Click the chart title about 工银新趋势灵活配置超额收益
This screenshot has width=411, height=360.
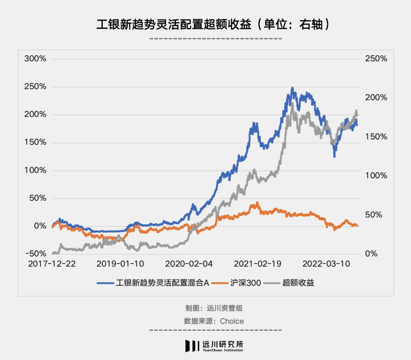[x=212, y=24]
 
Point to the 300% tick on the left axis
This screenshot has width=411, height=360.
[x=35, y=59]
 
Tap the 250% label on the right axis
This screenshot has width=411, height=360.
[x=376, y=59]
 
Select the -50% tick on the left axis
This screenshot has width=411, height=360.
[x=35, y=254]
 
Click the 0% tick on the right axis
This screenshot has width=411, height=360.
[x=371, y=254]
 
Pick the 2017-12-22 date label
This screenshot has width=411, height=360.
[x=52, y=264]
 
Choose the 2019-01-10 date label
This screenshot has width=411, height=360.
[x=121, y=264]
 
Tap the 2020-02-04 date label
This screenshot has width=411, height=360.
[x=190, y=264]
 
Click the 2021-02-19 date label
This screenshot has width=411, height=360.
[x=258, y=264]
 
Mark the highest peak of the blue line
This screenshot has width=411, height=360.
[x=292, y=88]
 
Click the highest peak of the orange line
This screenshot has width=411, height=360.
[x=257, y=203]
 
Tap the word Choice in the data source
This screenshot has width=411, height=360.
[x=232, y=321]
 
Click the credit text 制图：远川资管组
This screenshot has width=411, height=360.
[x=213, y=308]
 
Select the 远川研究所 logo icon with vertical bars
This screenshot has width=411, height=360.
[x=192, y=346]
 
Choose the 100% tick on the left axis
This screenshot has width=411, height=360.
[x=35, y=170]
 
